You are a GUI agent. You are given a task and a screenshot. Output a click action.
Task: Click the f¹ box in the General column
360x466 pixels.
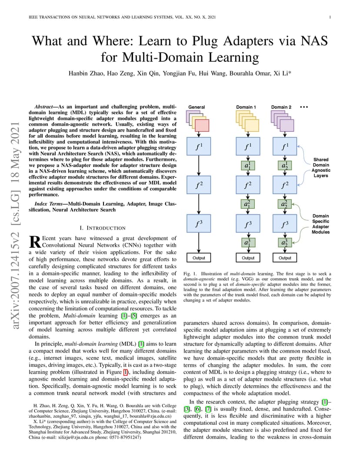coord(199,146)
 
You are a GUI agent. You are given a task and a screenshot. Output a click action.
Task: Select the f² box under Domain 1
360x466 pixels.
coord(248,185)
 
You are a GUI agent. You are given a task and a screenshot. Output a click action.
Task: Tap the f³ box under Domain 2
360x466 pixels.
coord(285,223)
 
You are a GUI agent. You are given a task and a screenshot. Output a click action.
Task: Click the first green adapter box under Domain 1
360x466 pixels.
coord(248,166)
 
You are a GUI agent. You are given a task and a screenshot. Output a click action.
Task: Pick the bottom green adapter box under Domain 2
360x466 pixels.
coord(285,243)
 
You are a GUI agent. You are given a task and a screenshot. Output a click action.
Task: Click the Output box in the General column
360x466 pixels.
coord(199,258)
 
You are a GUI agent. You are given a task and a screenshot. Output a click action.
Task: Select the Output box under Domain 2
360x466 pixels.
coord(285,258)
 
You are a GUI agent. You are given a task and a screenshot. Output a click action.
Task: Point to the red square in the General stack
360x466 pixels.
coord(202,126)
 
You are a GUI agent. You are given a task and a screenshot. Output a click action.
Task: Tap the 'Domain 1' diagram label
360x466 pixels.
coord(246,107)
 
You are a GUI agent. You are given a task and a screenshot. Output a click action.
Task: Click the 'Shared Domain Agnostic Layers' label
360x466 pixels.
coord(321,168)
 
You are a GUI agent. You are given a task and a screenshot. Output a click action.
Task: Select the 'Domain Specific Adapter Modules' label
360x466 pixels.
coord(321,224)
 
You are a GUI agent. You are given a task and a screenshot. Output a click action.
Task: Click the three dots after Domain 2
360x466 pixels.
coord(304,107)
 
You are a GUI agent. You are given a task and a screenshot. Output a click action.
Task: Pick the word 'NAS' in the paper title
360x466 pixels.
coord(314,41)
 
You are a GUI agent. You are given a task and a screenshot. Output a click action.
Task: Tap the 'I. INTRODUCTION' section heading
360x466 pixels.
coord(103,228)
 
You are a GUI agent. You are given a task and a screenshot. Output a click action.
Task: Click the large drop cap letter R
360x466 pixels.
coord(35,242)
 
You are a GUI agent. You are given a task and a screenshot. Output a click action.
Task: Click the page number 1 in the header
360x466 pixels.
coord(330,17)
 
